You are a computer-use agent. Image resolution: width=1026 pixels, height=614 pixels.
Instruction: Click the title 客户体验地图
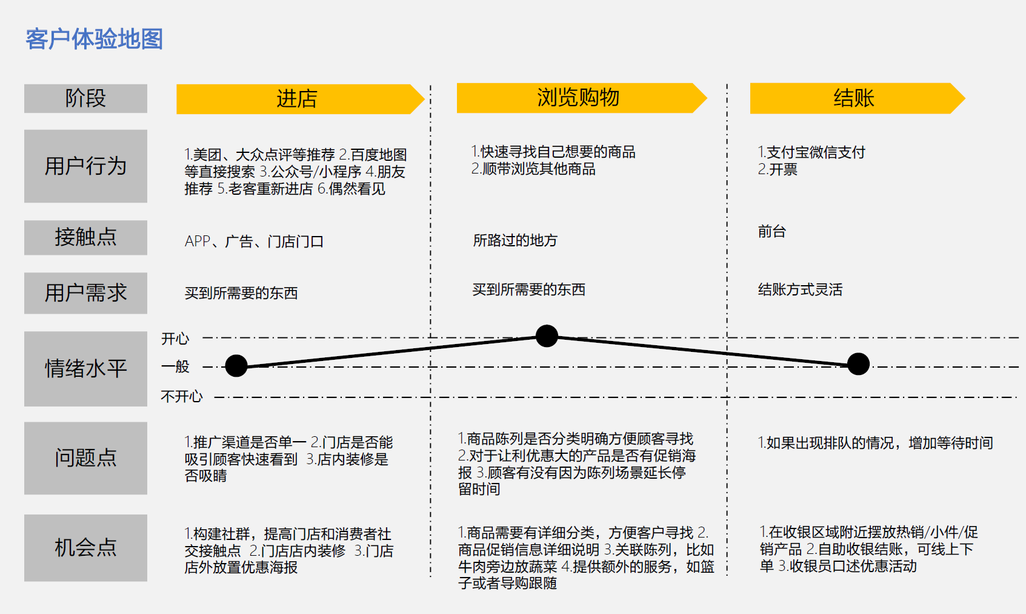click(94, 39)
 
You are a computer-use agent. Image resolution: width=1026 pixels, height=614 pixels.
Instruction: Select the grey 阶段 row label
click(85, 98)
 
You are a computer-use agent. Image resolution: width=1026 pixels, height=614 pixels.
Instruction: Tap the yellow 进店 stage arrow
click(297, 99)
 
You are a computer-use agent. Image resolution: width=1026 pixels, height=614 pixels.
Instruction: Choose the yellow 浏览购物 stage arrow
click(578, 98)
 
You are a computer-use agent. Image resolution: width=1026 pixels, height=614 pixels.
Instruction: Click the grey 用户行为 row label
click(85, 166)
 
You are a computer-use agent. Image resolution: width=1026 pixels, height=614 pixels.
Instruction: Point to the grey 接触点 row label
click(85, 237)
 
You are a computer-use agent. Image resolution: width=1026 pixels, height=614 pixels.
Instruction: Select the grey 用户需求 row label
click(85, 293)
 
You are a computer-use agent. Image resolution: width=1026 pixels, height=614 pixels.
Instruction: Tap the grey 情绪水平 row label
click(85, 368)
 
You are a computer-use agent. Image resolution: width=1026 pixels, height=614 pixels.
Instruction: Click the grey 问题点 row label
click(85, 457)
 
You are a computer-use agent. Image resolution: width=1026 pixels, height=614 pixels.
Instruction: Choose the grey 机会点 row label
click(85, 547)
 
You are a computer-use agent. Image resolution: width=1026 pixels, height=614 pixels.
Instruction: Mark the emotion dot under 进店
click(236, 365)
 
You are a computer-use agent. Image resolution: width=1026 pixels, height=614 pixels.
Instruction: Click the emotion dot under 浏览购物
click(547, 336)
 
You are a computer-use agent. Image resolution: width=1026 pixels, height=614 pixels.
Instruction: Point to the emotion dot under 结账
click(858, 364)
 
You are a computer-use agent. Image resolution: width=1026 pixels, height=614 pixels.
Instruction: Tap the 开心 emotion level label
click(175, 339)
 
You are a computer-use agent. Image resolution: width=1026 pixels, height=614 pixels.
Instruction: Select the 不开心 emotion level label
click(182, 397)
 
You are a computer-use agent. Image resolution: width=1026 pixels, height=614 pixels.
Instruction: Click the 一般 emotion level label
click(175, 366)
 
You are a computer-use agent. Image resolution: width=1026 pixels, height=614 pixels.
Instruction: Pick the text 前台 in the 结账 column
click(771, 231)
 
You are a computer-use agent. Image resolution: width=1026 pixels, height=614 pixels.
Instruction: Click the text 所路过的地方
click(515, 240)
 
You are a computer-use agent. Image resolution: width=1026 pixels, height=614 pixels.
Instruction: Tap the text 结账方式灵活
click(800, 289)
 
